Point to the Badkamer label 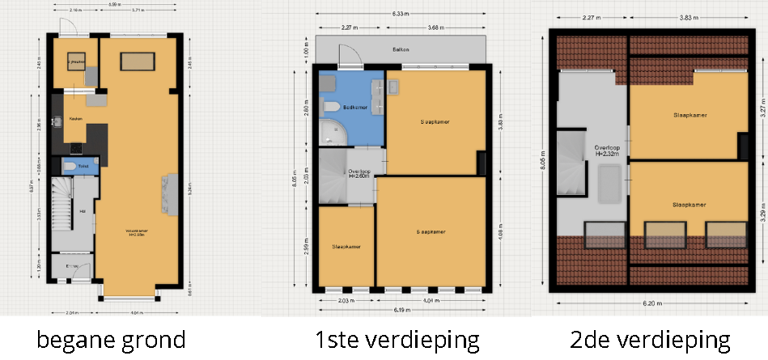click(x=356, y=107)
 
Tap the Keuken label click(x=76, y=119)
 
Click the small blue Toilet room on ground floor click(x=81, y=166)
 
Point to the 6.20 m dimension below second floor click(x=656, y=303)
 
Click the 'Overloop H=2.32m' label click(x=608, y=151)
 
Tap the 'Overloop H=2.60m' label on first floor click(x=359, y=173)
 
